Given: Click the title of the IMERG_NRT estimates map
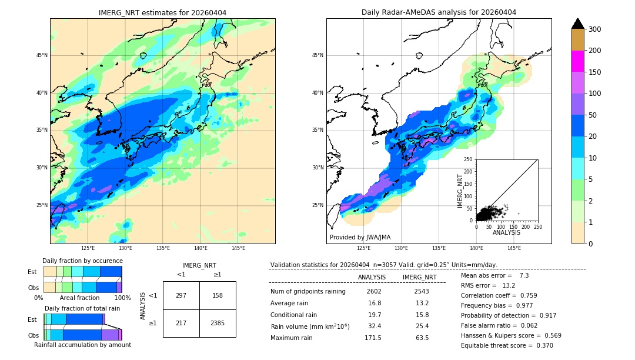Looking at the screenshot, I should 162,12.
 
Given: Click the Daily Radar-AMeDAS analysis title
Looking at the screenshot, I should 439,12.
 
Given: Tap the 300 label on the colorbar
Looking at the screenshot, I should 594,29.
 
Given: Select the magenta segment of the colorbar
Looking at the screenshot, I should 577,61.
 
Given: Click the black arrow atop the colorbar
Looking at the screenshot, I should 577,24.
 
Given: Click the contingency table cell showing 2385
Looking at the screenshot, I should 218,323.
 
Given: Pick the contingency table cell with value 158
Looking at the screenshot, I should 218,295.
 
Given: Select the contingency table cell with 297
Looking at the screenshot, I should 181,295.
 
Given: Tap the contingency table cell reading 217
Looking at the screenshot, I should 181,323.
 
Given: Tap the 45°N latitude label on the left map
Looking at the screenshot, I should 42,55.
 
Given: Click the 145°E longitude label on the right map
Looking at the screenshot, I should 514,249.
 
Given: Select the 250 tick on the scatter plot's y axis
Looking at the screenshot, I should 469,159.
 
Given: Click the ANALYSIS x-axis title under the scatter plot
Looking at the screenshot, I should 506,232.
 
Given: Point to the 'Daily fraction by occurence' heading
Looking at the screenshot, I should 82,261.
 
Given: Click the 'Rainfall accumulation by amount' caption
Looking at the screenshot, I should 82,345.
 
